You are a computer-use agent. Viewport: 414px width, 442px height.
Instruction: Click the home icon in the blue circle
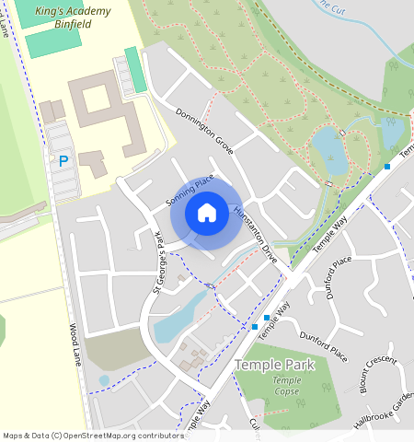207,213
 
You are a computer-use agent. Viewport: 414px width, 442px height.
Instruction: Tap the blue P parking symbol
63,161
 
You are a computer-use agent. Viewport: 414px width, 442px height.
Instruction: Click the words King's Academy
73,11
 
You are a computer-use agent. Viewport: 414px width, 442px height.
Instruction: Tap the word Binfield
73,25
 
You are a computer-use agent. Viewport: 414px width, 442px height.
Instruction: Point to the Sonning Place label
190,190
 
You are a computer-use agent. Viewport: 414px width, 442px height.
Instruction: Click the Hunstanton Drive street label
255,236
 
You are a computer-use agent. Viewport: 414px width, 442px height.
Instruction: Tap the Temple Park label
274,365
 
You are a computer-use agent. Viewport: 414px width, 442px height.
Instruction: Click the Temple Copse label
286,386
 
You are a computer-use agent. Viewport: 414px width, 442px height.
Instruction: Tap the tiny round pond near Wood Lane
104,379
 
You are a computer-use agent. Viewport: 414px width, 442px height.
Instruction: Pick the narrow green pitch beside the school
135,69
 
